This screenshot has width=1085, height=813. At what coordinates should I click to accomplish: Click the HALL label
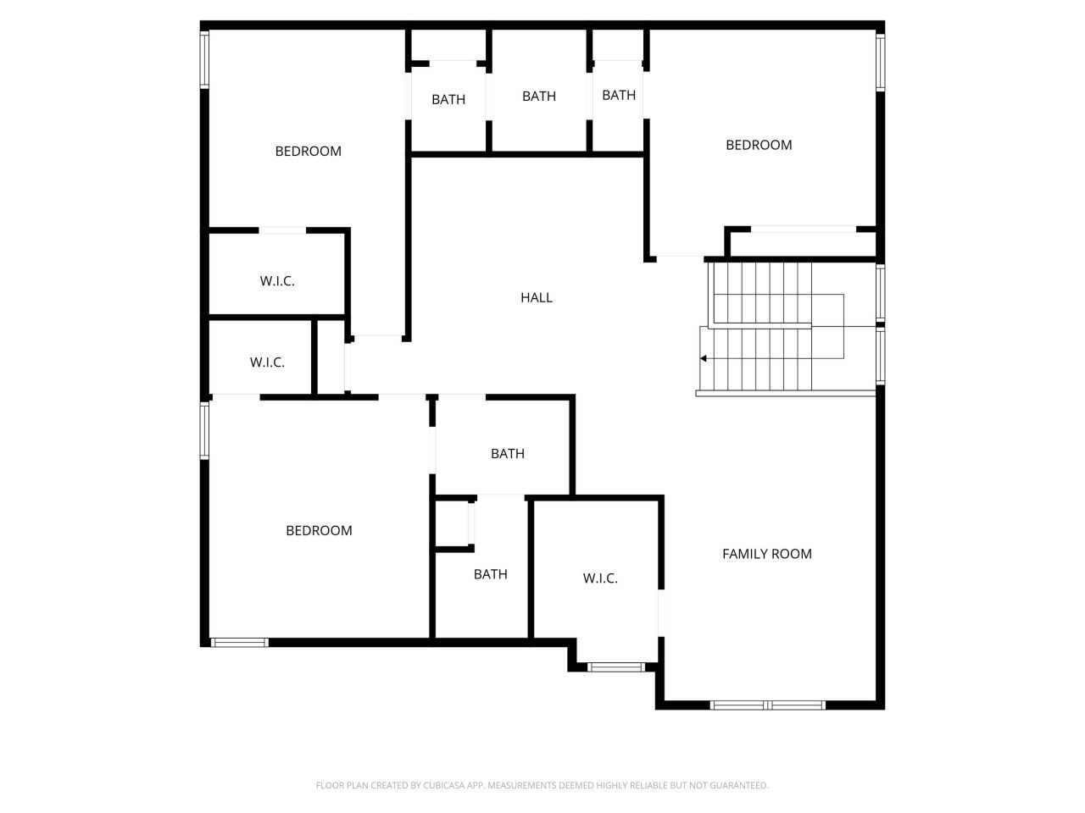coord(536,297)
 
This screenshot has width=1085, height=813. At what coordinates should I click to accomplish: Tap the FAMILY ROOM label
coord(766,554)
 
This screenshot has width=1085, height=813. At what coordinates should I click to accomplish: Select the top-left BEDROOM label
coord(308,152)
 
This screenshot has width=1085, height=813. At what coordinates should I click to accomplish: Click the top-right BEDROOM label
coord(759,145)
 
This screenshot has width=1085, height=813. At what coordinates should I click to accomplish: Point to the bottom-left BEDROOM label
coord(319,531)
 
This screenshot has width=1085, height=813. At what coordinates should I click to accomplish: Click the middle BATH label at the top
coord(539,97)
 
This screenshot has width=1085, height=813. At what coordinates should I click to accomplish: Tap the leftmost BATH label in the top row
coord(448,100)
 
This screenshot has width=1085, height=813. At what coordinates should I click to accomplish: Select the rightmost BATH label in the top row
coord(619,95)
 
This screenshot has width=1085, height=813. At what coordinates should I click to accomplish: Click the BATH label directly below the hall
coord(508,454)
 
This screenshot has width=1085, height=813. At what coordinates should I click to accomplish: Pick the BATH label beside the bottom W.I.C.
coord(490,574)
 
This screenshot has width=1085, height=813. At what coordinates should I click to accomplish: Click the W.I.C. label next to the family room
coord(600,578)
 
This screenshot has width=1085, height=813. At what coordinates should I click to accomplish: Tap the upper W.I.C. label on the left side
coord(277,281)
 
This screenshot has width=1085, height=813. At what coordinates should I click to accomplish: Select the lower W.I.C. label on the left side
coord(267,362)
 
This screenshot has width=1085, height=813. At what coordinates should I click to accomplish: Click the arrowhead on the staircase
coord(703,358)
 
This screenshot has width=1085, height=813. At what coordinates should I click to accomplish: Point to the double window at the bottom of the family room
coord(767,705)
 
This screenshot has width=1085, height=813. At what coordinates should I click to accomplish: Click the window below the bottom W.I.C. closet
coord(616,667)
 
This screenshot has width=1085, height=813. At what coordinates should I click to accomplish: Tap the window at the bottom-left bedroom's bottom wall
coord(239,643)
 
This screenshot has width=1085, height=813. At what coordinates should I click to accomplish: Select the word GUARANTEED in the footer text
coord(740,786)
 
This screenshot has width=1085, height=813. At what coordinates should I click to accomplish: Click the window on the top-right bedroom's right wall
coord(881,62)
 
